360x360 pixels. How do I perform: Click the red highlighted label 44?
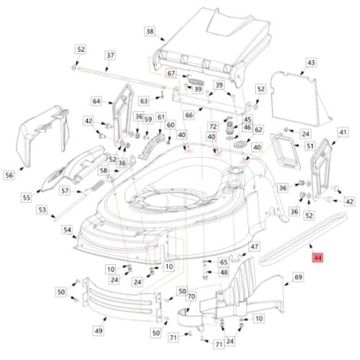pyautogui.click(x=318, y=257)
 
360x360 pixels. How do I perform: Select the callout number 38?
pyautogui.click(x=150, y=31)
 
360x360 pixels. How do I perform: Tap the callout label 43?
pyautogui.click(x=311, y=63)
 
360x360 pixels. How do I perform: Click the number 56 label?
pyautogui.click(x=9, y=175)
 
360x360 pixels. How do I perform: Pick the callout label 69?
pyautogui.click(x=298, y=277)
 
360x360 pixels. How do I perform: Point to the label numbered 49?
pyautogui.click(x=99, y=331)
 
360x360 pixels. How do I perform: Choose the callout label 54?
pyautogui.click(x=67, y=230)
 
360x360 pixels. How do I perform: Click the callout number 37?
pyautogui.click(x=110, y=55)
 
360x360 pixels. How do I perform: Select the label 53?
pyautogui.click(x=42, y=210)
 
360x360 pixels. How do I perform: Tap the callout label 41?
pyautogui.click(x=343, y=133)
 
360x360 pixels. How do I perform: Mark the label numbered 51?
pyautogui.click(x=309, y=146)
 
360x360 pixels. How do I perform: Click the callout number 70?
pyautogui.click(x=191, y=296)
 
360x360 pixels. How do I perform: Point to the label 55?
pyautogui.click(x=27, y=198)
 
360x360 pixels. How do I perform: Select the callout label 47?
pyautogui.click(x=254, y=247)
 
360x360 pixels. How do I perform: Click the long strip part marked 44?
pyautogui.click(x=303, y=239)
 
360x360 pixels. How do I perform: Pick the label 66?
pyautogui.click(x=189, y=116)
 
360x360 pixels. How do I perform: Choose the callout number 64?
pyautogui.click(x=97, y=101)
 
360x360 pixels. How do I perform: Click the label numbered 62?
pyautogui.click(x=258, y=129)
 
